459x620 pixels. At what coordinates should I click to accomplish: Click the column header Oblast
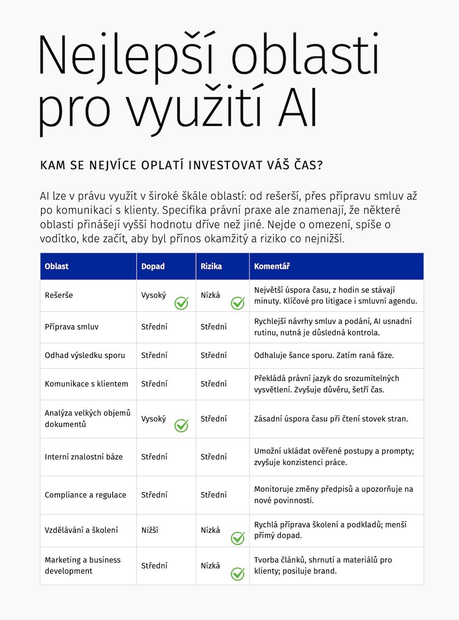click(x=56, y=266)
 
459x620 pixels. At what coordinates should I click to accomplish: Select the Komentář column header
click(x=272, y=266)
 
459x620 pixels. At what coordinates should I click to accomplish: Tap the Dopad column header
click(x=153, y=266)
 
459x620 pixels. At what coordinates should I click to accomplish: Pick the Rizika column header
click(x=211, y=266)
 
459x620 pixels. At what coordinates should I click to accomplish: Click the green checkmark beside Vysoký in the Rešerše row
click(x=181, y=303)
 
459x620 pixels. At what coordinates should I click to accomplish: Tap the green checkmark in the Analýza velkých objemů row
click(x=181, y=425)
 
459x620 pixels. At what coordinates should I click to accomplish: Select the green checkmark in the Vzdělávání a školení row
click(x=238, y=538)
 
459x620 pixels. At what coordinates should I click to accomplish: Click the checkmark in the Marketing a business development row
click(x=238, y=574)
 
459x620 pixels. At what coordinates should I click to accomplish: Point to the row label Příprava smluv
click(x=71, y=327)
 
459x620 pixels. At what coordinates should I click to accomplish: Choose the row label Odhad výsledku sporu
click(x=85, y=355)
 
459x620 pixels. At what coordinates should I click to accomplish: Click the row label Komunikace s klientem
click(x=86, y=384)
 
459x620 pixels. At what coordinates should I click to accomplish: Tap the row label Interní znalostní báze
click(x=83, y=457)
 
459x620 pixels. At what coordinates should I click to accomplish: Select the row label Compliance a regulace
click(x=85, y=495)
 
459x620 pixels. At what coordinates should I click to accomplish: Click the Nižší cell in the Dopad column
click(x=149, y=530)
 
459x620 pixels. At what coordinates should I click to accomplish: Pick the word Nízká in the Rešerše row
click(x=210, y=295)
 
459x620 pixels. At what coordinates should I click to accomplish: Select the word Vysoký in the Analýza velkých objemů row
click(x=153, y=419)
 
